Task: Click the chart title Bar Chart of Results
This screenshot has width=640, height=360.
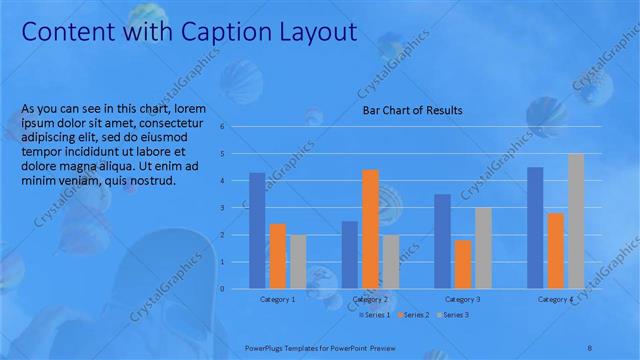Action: coord(412,111)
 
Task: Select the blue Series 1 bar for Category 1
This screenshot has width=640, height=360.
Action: coord(257,230)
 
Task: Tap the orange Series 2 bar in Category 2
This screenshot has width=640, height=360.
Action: coord(370,229)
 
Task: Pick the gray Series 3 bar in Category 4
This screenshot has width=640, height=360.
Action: coord(576,221)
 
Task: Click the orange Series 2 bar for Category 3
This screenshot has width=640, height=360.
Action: coord(462,264)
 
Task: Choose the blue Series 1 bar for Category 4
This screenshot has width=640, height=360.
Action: coord(535,228)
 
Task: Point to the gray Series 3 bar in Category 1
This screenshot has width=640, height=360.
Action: coord(298,262)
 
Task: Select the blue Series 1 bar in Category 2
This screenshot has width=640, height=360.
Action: coord(349,255)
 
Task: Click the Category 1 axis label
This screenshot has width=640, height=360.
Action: coord(277,299)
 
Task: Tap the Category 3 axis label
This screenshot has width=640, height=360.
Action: coord(463,299)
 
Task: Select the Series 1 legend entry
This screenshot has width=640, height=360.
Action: coord(376,315)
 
